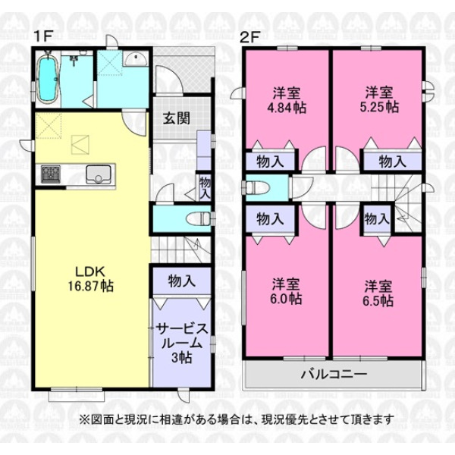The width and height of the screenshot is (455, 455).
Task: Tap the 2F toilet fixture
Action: tap(256, 187)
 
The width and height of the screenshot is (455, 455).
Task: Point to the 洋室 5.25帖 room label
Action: tap(379, 101)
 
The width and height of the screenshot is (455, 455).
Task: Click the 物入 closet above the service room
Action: tap(181, 280)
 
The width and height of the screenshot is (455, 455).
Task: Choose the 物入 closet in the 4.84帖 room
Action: tap(270, 161)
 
